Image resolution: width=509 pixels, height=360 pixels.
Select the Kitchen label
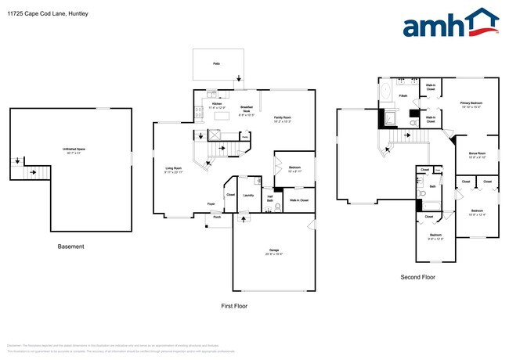(218, 106)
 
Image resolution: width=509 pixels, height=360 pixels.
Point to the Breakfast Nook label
(246, 109)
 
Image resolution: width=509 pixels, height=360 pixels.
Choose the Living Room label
(173, 169)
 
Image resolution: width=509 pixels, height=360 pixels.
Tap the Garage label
(273, 250)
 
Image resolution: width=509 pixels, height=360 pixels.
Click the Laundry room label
(248, 196)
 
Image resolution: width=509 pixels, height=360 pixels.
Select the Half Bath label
(269, 199)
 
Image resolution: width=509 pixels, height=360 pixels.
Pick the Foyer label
(211, 204)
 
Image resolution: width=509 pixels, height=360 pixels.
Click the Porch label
(217, 218)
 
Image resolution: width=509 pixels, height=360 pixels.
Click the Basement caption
(70, 247)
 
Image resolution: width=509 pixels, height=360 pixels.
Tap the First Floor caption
(234, 305)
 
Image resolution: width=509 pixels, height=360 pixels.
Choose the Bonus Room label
(478, 155)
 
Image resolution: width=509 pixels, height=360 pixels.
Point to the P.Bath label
(403, 96)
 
